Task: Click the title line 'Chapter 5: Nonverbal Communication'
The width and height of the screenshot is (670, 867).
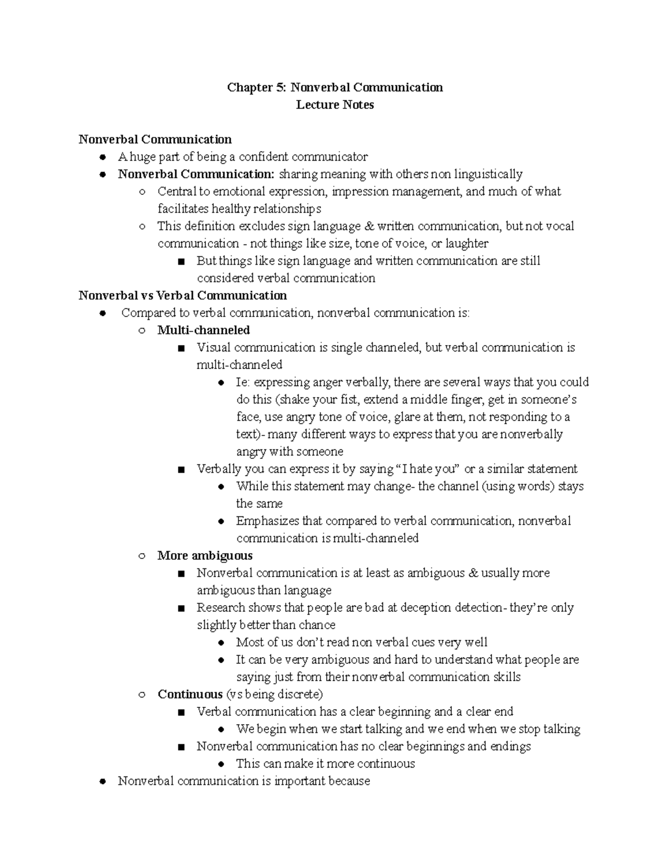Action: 334,88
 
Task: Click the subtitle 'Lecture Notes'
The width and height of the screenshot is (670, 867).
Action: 334,105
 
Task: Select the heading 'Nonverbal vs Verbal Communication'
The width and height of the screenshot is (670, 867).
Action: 183,295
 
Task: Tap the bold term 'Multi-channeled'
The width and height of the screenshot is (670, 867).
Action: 203,330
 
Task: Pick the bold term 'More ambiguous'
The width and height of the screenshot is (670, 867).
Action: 205,555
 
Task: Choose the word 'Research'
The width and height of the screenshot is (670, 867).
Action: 221,607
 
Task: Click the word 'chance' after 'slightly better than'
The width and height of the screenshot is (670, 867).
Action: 317,625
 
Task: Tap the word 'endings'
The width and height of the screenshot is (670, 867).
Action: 510,746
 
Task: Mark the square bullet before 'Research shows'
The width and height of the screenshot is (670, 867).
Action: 180,608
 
